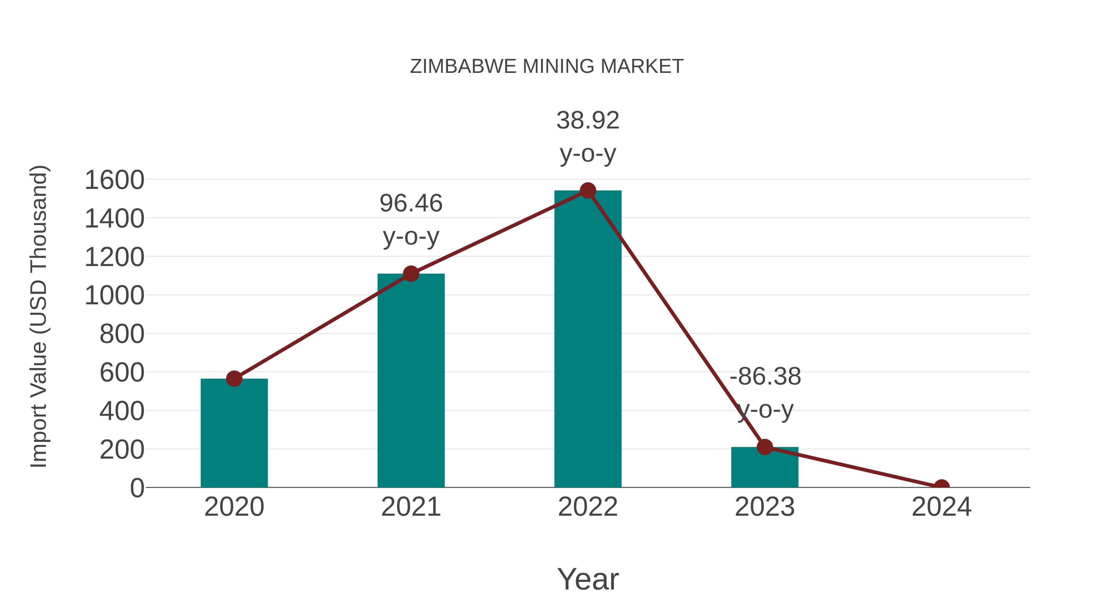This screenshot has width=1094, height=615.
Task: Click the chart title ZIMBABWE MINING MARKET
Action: [x=547, y=67]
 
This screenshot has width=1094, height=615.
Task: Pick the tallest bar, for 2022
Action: [x=588, y=340]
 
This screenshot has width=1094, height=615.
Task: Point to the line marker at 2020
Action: [x=234, y=379]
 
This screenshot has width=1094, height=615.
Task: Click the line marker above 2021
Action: [x=411, y=274]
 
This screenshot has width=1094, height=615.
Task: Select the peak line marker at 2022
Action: [x=588, y=190]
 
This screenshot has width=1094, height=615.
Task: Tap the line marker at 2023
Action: [x=765, y=447]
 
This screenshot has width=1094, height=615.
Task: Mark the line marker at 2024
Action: [x=941, y=487]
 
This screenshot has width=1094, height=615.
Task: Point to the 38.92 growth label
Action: [x=588, y=121]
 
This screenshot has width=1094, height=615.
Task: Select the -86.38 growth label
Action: [x=765, y=377]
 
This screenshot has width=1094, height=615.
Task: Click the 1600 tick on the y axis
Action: [x=115, y=180]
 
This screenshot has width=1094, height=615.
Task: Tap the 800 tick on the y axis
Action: [x=122, y=334]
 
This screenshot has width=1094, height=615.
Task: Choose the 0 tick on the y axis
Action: [x=137, y=488]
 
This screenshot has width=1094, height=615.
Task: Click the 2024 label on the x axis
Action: [x=941, y=507]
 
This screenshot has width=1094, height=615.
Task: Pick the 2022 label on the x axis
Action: [x=588, y=507]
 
